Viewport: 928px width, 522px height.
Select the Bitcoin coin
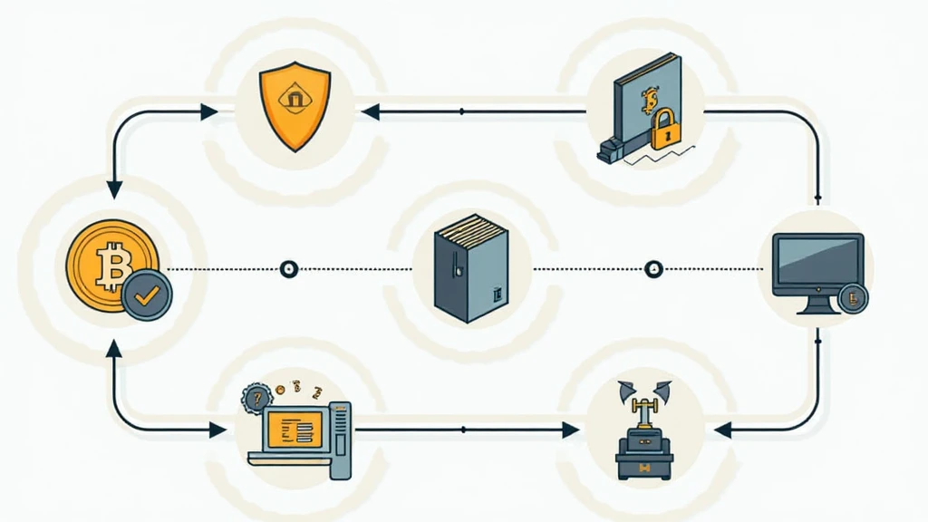[x=111, y=266]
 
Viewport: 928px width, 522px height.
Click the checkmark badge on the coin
[x=145, y=295]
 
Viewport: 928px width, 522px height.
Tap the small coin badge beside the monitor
[x=852, y=297]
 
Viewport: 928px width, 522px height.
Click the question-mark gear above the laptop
[x=256, y=397]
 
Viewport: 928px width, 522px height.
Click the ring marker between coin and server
[x=289, y=269]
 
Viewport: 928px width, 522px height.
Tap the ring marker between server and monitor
[x=653, y=269]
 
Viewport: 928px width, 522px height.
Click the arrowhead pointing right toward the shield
[x=208, y=111]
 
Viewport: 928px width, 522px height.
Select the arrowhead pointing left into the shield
[x=369, y=111]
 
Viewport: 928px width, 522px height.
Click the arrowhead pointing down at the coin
[x=114, y=189]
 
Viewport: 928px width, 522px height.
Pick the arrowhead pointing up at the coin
[x=114, y=350]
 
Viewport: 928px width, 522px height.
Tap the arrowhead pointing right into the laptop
[x=217, y=430]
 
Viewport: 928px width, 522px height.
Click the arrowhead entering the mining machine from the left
[x=570, y=430]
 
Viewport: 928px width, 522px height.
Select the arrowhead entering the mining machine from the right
[x=721, y=430]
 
